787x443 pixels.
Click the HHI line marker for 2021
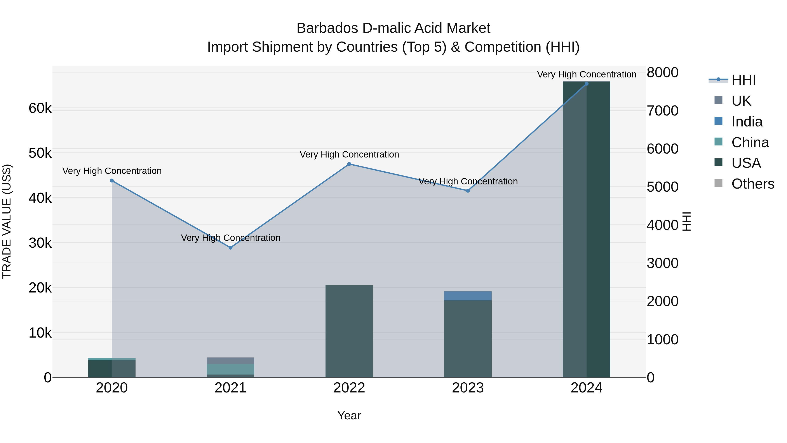tap(230, 248)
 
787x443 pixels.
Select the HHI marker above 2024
tap(586, 84)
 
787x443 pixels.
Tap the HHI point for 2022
tap(349, 164)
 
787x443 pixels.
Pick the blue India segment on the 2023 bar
tap(468, 296)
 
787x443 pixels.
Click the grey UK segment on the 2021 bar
tap(230, 361)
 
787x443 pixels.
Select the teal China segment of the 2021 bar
tap(230, 369)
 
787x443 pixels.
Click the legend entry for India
tap(747, 122)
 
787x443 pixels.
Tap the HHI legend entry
tap(743, 80)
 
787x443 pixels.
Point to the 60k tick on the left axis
tap(40, 108)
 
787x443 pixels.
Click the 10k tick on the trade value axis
tap(40, 333)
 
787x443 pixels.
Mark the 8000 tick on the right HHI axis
tap(662, 73)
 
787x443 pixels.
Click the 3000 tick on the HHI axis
tap(662, 263)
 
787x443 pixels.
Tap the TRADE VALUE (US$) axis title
tap(7, 221)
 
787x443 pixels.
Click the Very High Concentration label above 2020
tap(112, 171)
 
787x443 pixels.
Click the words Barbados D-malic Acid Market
tap(393, 28)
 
